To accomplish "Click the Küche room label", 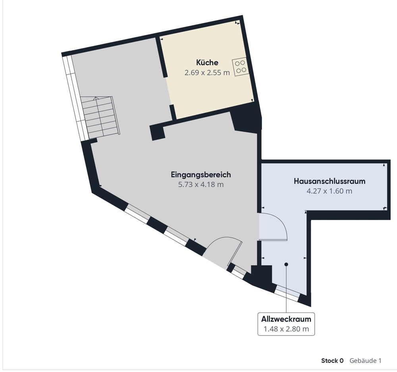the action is [207, 63].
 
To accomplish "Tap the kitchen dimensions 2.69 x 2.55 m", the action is [207, 73].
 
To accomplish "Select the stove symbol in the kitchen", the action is [240, 67].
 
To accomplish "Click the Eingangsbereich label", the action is [201, 175].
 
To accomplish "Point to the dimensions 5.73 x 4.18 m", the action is [201, 185].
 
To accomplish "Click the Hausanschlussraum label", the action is [330, 181].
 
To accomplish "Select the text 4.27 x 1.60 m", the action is [330, 191].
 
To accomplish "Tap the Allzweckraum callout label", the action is [286, 319].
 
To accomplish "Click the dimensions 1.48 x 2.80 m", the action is [286, 329].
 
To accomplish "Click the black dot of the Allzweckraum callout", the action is [286, 264].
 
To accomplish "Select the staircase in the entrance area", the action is [100, 117].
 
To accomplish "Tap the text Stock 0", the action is [332, 361].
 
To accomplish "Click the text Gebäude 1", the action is [365, 361].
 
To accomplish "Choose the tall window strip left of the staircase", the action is [75, 97].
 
